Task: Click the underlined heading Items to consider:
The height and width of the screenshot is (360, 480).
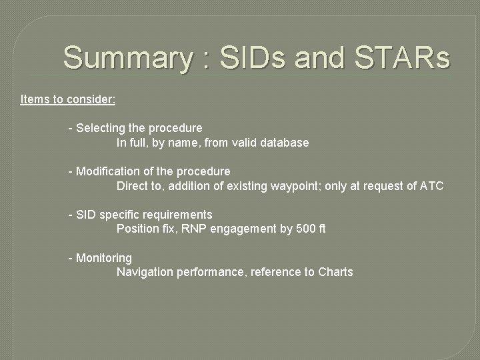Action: [x=68, y=99]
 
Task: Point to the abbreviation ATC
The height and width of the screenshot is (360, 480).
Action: [x=431, y=186]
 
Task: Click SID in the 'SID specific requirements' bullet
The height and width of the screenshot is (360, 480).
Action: [x=87, y=215]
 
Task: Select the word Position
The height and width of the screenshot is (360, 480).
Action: [x=138, y=229]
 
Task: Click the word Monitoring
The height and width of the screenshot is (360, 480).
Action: [x=104, y=258]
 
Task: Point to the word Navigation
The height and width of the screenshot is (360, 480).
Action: [x=145, y=272]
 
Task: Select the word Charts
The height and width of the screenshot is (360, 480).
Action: [x=335, y=272]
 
